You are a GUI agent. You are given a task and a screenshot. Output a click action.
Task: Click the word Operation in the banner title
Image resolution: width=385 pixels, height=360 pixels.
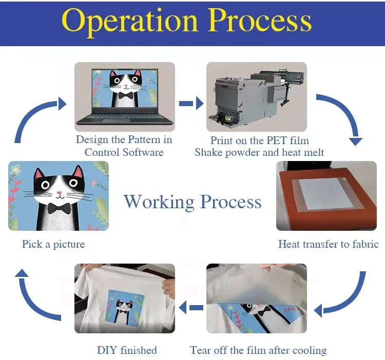coord(131,21)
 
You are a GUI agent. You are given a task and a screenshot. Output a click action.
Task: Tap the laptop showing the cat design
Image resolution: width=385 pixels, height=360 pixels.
coord(124,95)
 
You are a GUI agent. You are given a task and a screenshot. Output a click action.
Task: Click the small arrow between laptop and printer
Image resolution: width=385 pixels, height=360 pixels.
coord(191,104)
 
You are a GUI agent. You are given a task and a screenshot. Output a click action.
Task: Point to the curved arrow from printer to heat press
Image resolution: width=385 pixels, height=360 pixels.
coord(344,115)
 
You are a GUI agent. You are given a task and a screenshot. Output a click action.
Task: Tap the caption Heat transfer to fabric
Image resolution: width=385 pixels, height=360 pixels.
coord(328,244)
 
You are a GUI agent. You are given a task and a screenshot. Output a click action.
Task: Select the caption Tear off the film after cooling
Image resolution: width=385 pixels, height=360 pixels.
coord(258,351)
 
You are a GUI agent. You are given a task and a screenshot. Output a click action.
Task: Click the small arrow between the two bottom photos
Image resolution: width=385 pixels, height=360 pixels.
coord(196,308)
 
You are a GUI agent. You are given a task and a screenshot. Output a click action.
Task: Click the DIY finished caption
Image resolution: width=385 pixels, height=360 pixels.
coord(127,351)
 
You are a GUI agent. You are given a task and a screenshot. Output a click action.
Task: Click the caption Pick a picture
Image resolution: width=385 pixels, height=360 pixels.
coord(53,244)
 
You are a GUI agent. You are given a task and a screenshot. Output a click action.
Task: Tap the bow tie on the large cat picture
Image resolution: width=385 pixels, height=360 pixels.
coord(59,208)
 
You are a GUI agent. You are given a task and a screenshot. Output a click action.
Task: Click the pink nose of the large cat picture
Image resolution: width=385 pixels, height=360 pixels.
coord(60,194)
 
